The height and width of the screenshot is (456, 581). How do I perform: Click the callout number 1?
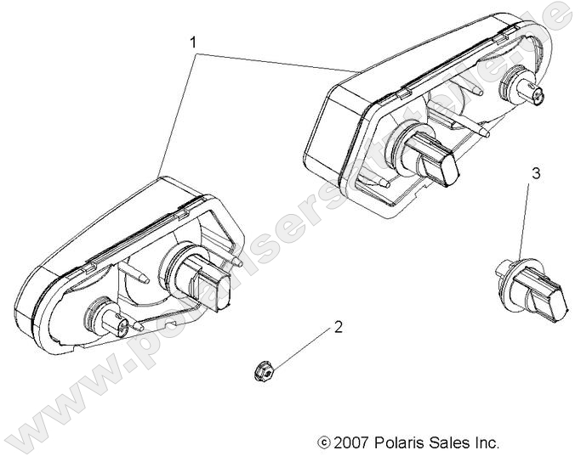(x=194, y=41)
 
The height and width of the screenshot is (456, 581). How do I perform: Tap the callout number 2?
(x=338, y=326)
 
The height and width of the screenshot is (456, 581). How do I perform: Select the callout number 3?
(x=535, y=173)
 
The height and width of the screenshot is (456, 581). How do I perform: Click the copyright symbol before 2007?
(x=323, y=442)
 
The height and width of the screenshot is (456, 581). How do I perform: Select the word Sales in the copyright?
(x=451, y=442)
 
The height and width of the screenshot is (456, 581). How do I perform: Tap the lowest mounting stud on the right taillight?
(x=380, y=180)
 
